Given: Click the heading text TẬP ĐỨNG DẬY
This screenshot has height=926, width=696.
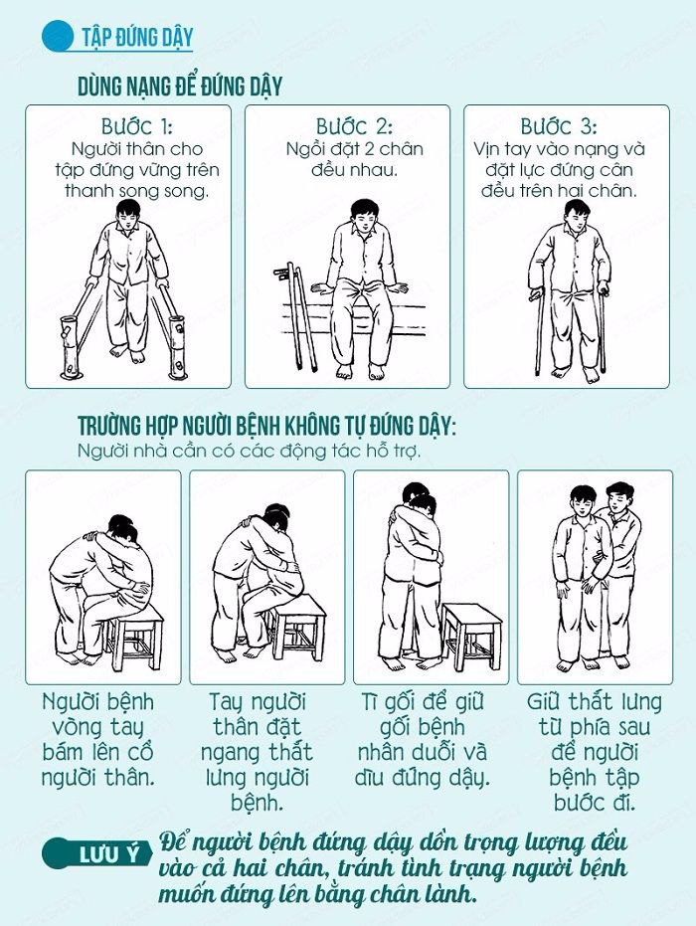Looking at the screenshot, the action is pos(137,38).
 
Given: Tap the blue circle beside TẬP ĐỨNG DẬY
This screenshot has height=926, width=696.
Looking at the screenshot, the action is pos(58,36).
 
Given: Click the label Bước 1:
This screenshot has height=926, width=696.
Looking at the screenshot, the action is pos(136,127).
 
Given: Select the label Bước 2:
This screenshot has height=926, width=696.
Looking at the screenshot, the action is pos(354,127).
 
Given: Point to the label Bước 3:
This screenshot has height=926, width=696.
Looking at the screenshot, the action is pos(559,127).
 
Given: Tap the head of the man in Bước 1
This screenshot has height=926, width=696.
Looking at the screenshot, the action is pos(127,213).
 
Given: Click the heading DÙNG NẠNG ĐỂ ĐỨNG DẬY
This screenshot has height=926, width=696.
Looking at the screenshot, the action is pos(180,87).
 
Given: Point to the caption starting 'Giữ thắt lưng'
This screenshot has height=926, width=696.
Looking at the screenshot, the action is pos(595,752).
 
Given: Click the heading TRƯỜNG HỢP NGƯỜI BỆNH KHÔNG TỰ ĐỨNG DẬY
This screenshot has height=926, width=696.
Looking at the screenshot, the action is pos(266,426).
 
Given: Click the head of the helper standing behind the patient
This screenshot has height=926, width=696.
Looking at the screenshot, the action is pos(616,497).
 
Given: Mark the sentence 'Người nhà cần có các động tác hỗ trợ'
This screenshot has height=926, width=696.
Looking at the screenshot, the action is pos(250,452).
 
